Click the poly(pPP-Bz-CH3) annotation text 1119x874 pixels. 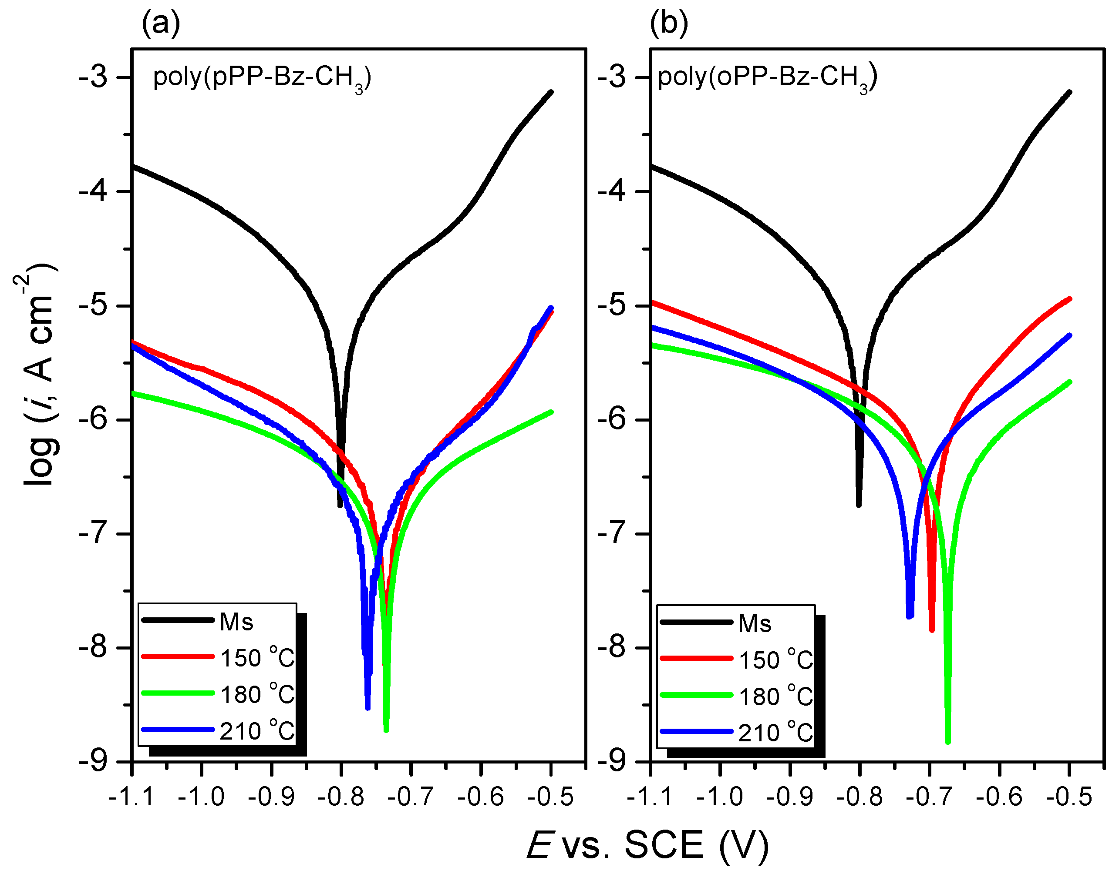coord(262,78)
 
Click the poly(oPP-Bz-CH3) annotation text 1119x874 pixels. coord(767,78)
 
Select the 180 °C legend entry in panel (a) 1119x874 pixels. coord(218,694)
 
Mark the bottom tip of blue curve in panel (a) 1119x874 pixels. coord(367,708)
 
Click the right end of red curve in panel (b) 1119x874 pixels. coord(1070,298)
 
